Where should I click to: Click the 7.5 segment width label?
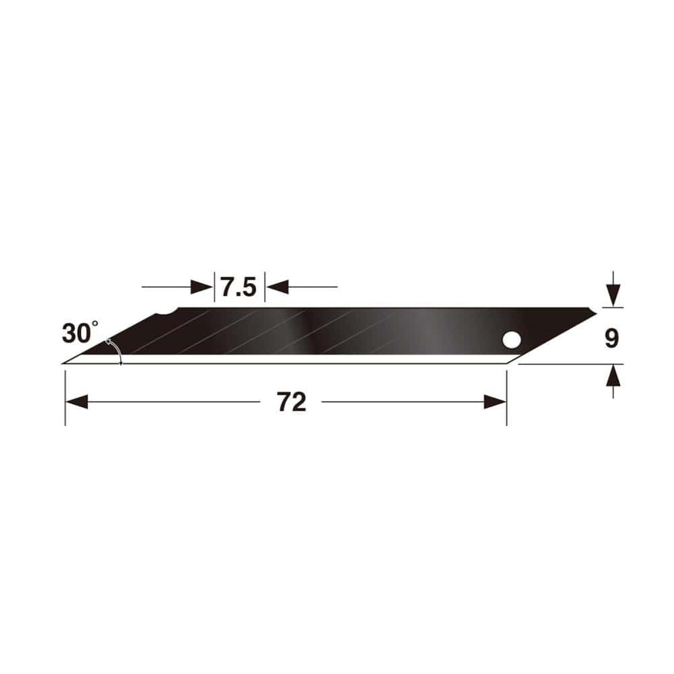pyautogui.click(x=239, y=287)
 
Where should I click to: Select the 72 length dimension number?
pyautogui.click(x=291, y=402)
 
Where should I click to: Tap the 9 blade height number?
pyautogui.click(x=611, y=338)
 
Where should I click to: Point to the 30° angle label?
pyautogui.click(x=80, y=332)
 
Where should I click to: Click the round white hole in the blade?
pyautogui.click(x=512, y=340)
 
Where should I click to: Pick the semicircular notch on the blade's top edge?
pyautogui.click(x=166, y=312)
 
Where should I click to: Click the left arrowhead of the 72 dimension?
pyautogui.click(x=77, y=402)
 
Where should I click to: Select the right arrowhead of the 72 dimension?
pyautogui.click(x=495, y=402)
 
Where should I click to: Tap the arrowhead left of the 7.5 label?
pyautogui.click(x=202, y=286)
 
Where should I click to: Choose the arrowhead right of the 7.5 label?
pyautogui.click(x=277, y=286)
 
